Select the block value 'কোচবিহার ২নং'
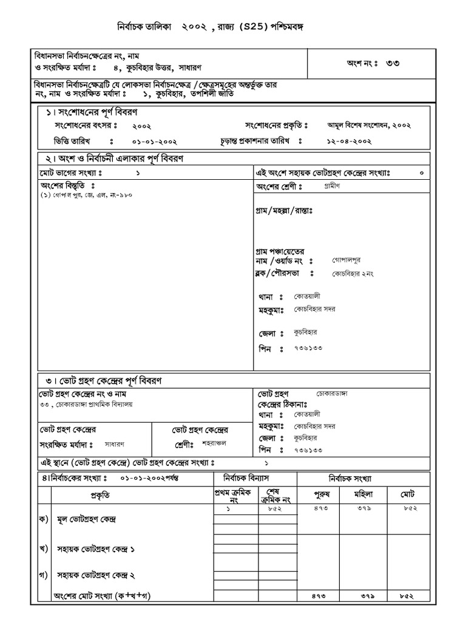[x=353, y=274]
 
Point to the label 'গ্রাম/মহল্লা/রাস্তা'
[x=283, y=211]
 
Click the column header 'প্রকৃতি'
[x=100, y=495]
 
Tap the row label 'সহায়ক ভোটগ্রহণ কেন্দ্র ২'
[x=95, y=574]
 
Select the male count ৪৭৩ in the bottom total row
[x=320, y=596]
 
